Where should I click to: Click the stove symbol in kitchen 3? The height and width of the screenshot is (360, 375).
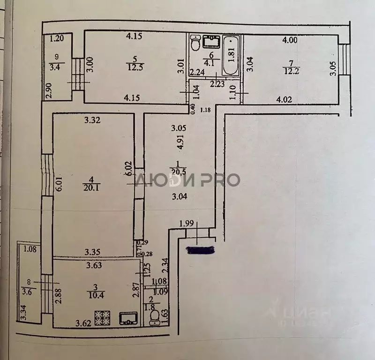103,319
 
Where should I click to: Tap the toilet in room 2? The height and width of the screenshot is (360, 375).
153,320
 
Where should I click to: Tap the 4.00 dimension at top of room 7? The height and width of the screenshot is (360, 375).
290,40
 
